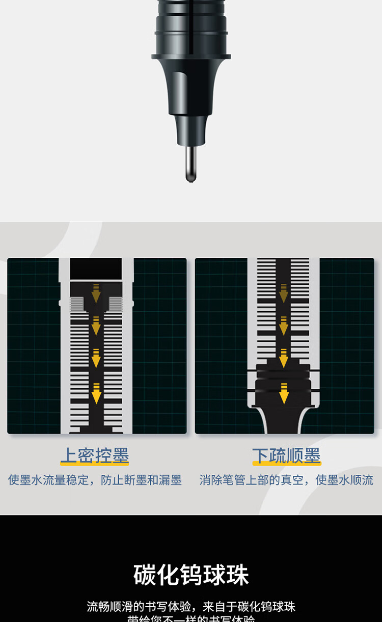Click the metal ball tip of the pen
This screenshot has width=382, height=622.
point(191,179)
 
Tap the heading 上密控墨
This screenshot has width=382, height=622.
point(95,455)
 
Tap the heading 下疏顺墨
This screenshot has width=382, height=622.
point(287,455)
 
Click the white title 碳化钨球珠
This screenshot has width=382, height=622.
point(191,575)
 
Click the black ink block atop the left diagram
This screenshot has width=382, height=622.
point(96,268)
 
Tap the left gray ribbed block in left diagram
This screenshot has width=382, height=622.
point(76,304)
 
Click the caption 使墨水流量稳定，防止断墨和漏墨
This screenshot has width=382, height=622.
point(95,480)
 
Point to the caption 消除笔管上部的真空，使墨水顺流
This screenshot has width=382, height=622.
point(286,480)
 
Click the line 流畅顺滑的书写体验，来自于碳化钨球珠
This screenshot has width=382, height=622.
point(191,606)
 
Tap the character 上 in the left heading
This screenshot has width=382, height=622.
point(69,455)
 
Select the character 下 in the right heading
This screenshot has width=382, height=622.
point(261,455)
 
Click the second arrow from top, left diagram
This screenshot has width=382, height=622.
point(96,325)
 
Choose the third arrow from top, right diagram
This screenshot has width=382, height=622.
point(284,358)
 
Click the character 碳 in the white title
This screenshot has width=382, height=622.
point(145,575)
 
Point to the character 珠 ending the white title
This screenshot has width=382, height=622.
point(237,575)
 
